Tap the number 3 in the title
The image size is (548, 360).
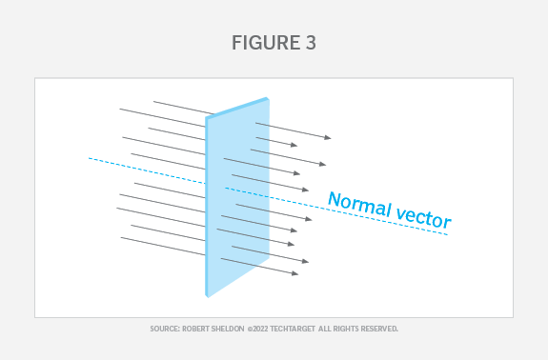pos(311,43)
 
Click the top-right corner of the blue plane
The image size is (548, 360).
pos(268,98)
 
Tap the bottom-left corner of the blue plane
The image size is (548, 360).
pos(207,296)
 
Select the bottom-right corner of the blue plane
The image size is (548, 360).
pos(268,257)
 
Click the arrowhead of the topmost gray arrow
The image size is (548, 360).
pos(330,139)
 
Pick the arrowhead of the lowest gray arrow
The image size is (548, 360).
pos(297,274)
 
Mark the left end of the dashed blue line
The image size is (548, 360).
pos(89,158)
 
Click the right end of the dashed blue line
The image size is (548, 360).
pos(448,233)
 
